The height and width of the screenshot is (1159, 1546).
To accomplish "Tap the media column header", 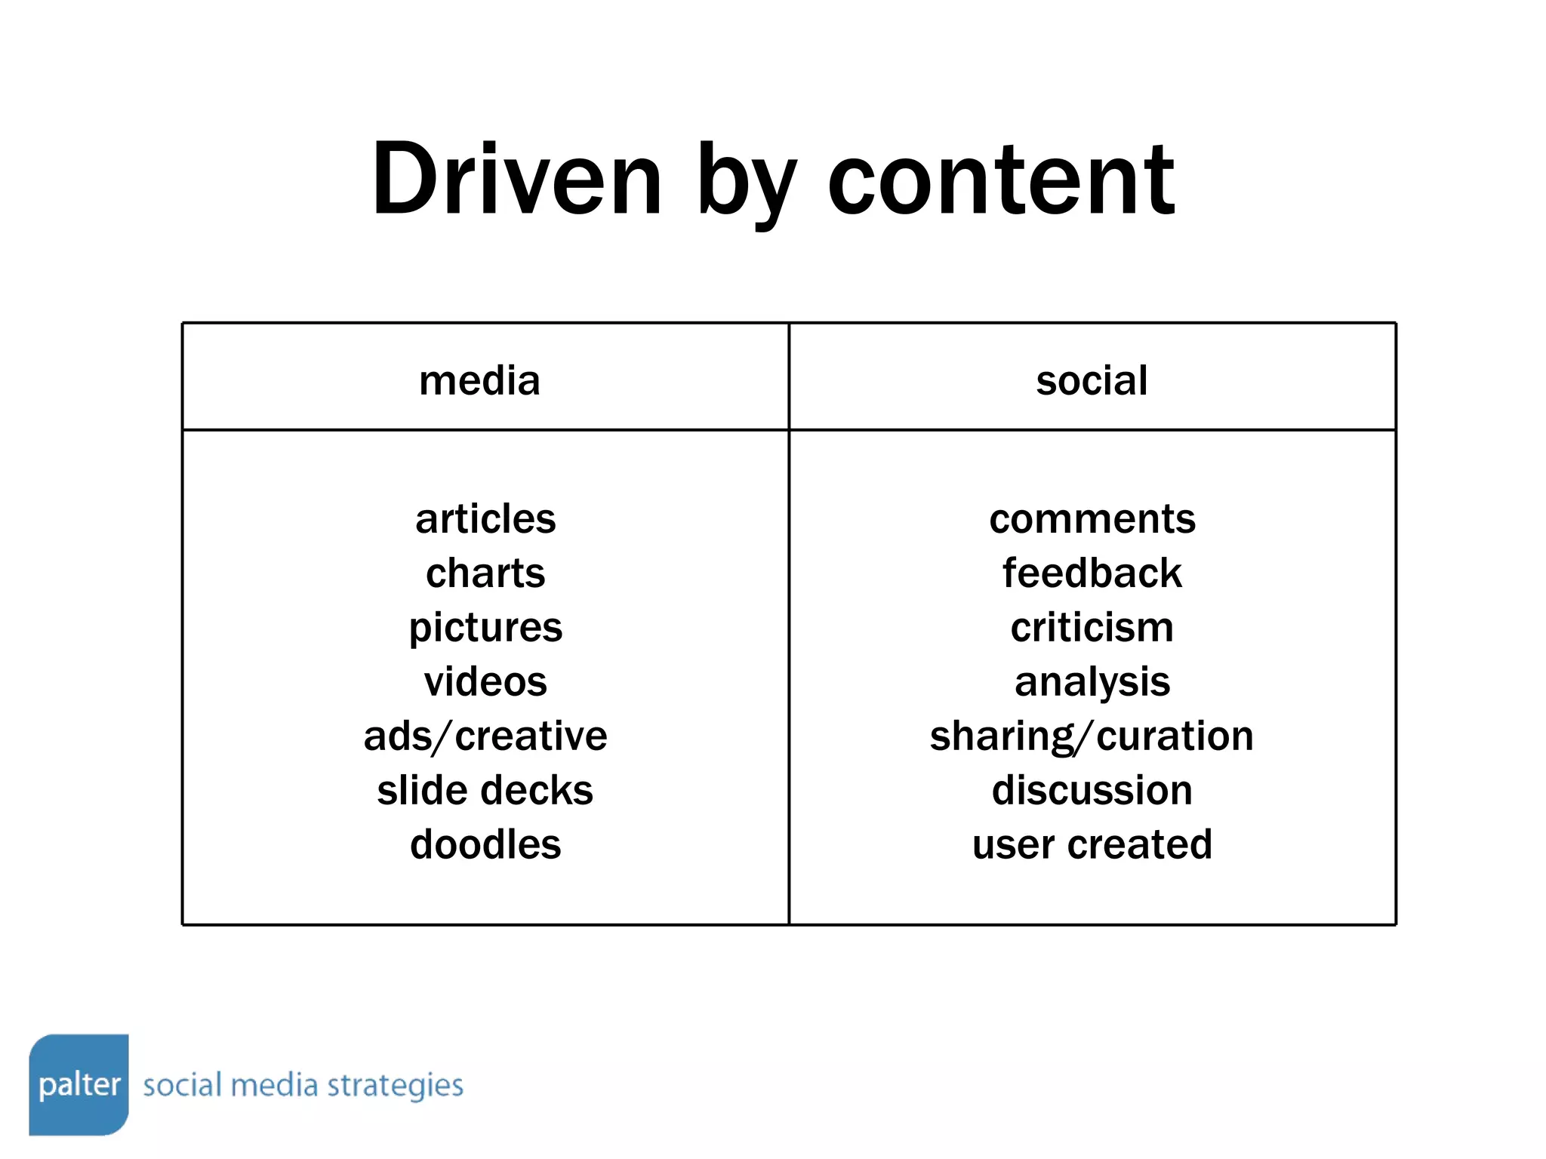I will click(479, 380).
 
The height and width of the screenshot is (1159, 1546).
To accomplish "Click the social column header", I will click(1092, 380).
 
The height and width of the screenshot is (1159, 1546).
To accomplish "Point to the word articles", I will click(485, 519).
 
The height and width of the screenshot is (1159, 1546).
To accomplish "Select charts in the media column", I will click(485, 573).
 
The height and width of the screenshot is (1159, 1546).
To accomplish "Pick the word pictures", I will click(485, 628).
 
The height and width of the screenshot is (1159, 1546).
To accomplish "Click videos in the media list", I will click(485, 682).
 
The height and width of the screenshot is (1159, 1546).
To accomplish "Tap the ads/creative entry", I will click(485, 736).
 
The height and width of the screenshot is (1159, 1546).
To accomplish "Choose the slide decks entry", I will click(485, 791).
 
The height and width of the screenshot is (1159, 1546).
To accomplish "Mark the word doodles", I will click(485, 844).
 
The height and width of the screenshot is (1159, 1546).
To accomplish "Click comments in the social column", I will click(1092, 519).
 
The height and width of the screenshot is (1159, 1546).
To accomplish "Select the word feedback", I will click(1092, 573).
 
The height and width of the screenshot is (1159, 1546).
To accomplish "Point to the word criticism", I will click(1092, 628).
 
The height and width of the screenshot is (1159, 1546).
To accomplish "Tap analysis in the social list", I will click(1092, 682).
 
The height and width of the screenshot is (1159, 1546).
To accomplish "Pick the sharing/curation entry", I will click(1092, 736).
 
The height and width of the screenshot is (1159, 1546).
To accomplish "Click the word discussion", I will click(1092, 791).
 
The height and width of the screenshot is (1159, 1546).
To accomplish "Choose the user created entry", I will click(1092, 844).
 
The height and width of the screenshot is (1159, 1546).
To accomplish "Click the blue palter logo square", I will click(79, 1084).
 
